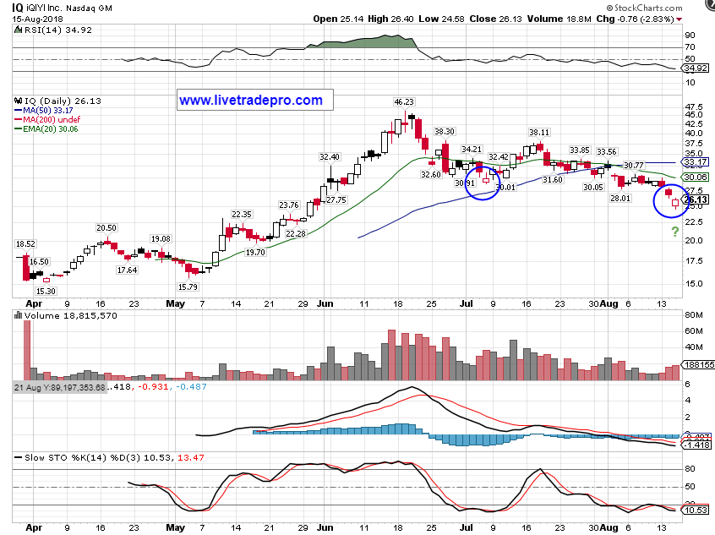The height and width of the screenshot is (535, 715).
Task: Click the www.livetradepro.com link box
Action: (x=251, y=100)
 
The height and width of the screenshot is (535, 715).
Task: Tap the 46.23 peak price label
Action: (x=404, y=102)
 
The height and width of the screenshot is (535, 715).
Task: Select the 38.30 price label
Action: (x=445, y=132)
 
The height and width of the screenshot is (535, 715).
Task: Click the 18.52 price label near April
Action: (x=25, y=244)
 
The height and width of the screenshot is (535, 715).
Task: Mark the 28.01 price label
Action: (x=621, y=198)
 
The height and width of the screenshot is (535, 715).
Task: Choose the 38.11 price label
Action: (x=539, y=132)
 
